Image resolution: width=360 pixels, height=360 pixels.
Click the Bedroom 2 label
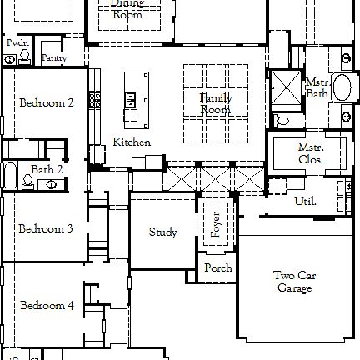47,103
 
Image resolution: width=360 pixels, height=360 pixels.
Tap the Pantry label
53,58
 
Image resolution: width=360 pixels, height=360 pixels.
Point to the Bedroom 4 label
47,305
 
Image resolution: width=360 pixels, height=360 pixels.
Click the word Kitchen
132,142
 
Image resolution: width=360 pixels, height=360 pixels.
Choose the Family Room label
215,104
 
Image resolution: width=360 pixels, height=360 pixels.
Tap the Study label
162,232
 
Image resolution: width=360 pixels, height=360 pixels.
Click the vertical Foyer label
216,224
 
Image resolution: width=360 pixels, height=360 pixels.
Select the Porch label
218,268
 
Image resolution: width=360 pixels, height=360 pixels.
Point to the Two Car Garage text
295,282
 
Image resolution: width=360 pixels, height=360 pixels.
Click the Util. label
306,202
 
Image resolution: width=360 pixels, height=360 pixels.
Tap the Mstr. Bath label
316,88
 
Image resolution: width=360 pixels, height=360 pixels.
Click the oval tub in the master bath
342,87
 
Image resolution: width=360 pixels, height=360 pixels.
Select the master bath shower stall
285,89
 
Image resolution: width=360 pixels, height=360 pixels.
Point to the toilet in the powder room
9,59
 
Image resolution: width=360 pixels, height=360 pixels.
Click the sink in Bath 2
52,183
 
